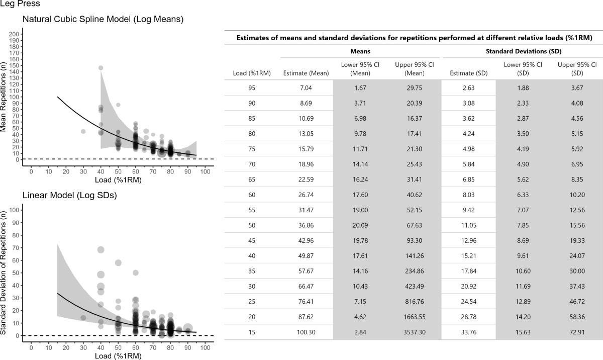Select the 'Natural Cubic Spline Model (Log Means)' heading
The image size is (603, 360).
pyautogui.click(x=103, y=20)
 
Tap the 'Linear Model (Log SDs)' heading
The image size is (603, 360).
pyautogui.click(x=70, y=196)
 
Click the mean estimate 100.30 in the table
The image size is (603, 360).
pyautogui.click(x=306, y=332)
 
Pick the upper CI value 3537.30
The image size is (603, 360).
pyautogui.click(x=415, y=332)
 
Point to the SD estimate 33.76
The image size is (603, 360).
pyautogui.click(x=468, y=332)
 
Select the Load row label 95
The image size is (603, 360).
pyautogui.click(x=252, y=87)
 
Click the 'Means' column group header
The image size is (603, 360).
pyautogui.click(x=360, y=51)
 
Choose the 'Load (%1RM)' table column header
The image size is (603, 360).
pyautogui.click(x=252, y=73)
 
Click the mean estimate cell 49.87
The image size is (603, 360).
pyautogui.click(x=306, y=256)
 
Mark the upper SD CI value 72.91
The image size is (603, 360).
pyautogui.click(x=577, y=332)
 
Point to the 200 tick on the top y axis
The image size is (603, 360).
pyautogui.click(x=15, y=34)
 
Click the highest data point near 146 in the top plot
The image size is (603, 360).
pyautogui.click(x=100, y=68)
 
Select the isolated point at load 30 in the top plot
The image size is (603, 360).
pyautogui.click(x=83, y=131)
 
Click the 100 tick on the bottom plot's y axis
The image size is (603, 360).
pyautogui.click(x=15, y=210)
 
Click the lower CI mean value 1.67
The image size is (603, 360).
pyautogui.click(x=360, y=87)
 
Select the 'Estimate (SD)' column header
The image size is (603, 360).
pyautogui.click(x=468, y=73)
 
